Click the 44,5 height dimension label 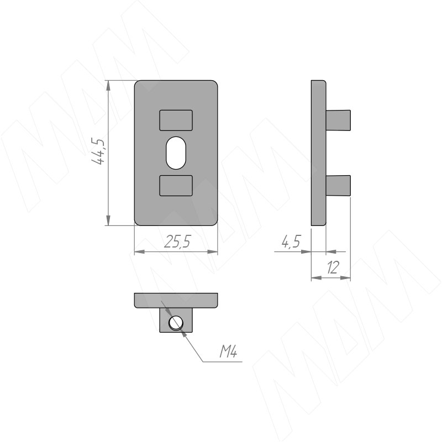[98, 151]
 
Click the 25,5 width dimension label [177, 242]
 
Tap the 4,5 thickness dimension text [291, 241]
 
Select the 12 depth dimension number [333, 267]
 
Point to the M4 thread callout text [228, 351]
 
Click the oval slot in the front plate [176, 153]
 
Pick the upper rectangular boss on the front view [176, 120]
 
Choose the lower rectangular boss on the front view [176, 186]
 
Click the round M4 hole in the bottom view [176, 323]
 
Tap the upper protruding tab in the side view [338, 120]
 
